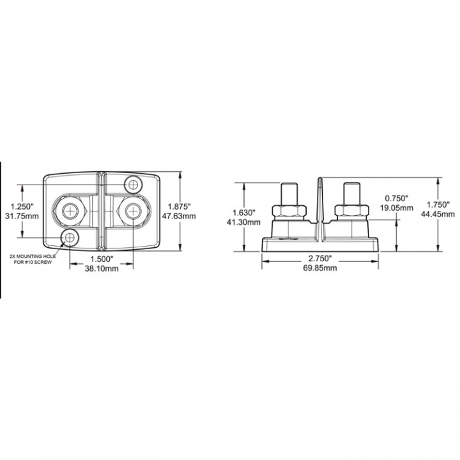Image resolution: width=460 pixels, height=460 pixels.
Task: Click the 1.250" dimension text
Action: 22,206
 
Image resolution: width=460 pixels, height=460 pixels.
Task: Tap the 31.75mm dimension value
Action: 22,216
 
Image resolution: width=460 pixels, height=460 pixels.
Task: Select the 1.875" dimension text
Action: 179,206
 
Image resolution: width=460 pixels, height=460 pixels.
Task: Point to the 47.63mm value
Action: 179,216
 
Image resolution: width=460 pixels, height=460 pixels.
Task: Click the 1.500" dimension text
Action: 102,259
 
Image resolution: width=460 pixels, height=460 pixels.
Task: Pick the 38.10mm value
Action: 102,268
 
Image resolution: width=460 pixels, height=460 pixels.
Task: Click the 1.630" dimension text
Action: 244,212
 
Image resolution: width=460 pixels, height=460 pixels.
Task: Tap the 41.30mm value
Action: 243,222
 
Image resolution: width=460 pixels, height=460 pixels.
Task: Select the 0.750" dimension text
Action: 397,198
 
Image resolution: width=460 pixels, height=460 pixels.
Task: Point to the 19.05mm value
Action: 397,208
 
